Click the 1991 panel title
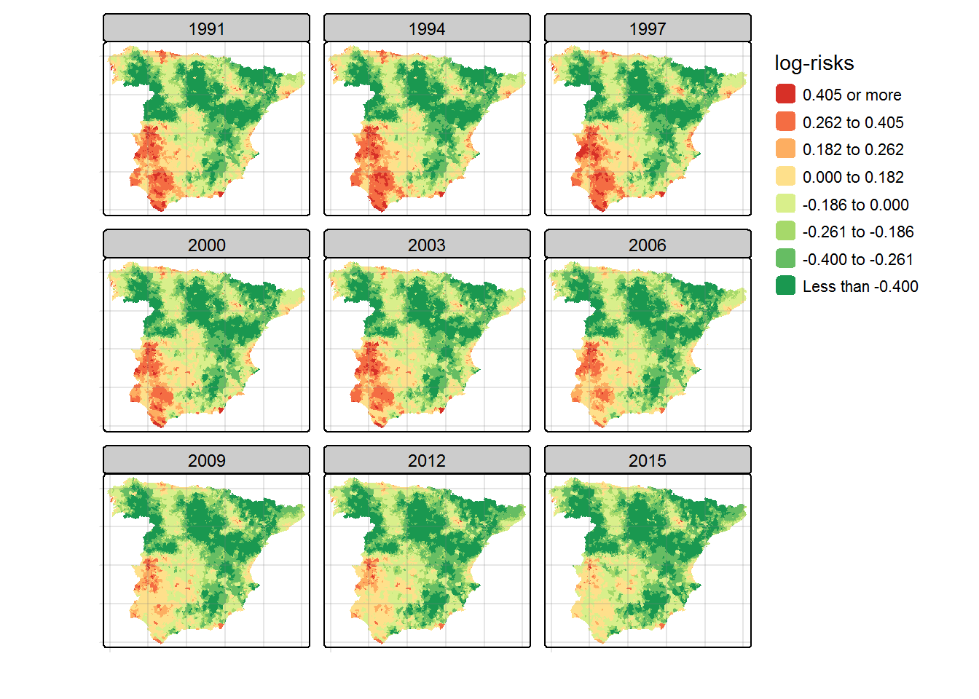point(206,28)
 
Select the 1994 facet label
point(427,28)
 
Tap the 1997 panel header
point(648,28)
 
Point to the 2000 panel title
point(206,245)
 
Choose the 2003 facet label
point(427,245)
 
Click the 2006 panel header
point(648,245)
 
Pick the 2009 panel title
point(206,460)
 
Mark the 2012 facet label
point(427,460)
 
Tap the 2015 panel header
point(648,460)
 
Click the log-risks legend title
point(814,63)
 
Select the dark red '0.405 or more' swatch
point(785,95)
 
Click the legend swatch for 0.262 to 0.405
point(785,122)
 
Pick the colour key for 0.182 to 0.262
point(785,149)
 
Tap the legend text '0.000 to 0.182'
point(853,177)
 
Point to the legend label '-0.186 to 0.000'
point(855,205)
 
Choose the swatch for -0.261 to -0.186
point(785,232)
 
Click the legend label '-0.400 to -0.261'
point(857,259)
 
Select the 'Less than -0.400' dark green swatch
point(785,286)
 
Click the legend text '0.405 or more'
point(852,95)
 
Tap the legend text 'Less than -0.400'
point(860,286)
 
